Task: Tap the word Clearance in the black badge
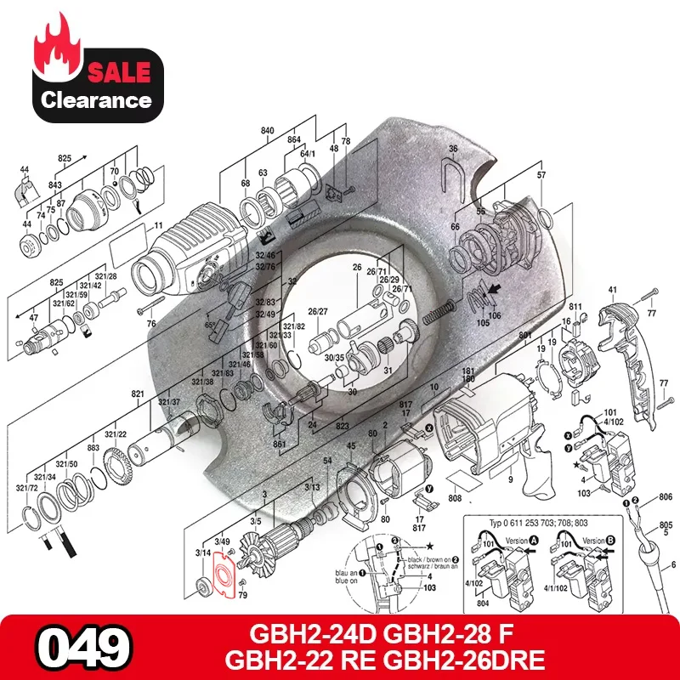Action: pyautogui.click(x=96, y=100)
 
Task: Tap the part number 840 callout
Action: pyautogui.click(x=268, y=131)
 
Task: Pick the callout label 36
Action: pyautogui.click(x=453, y=149)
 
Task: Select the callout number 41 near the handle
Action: pyautogui.click(x=611, y=291)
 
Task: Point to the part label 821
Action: pyautogui.click(x=137, y=394)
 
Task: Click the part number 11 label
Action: pyautogui.click(x=158, y=226)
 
